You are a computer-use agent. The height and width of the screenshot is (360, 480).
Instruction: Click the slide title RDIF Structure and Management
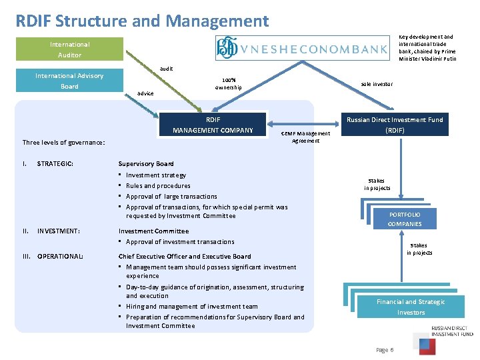coord(143,21)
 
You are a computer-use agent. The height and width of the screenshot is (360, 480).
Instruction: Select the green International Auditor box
coord(69,49)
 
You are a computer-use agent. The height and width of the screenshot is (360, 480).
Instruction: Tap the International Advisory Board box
coord(69,81)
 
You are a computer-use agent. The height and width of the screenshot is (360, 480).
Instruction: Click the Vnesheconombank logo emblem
coord(227,49)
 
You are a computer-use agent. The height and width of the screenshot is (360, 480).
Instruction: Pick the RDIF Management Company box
coord(213,125)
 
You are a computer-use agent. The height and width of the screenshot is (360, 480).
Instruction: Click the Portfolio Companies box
coord(404,219)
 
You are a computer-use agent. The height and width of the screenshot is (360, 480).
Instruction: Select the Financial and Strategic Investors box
coord(411,307)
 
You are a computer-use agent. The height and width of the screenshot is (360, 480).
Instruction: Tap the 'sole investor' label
coord(377,84)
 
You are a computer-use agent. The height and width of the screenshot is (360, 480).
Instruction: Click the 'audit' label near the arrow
coord(167,69)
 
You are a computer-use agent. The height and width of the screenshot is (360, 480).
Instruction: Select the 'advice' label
coord(145,93)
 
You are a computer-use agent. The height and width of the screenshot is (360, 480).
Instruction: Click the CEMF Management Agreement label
coord(305,137)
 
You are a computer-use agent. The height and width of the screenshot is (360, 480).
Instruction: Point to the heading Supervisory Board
coord(146,163)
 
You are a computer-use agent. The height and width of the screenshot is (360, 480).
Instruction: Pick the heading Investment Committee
coord(153,231)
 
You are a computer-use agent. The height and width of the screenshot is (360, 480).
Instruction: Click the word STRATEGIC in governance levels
coord(55,163)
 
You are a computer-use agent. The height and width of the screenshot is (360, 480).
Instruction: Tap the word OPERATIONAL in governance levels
coord(60,256)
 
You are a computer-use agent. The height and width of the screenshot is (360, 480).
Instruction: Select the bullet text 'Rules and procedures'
coord(158,185)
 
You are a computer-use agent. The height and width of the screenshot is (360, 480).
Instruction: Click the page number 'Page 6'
coord(385,349)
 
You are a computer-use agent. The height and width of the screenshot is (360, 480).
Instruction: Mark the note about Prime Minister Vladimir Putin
coord(426,48)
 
